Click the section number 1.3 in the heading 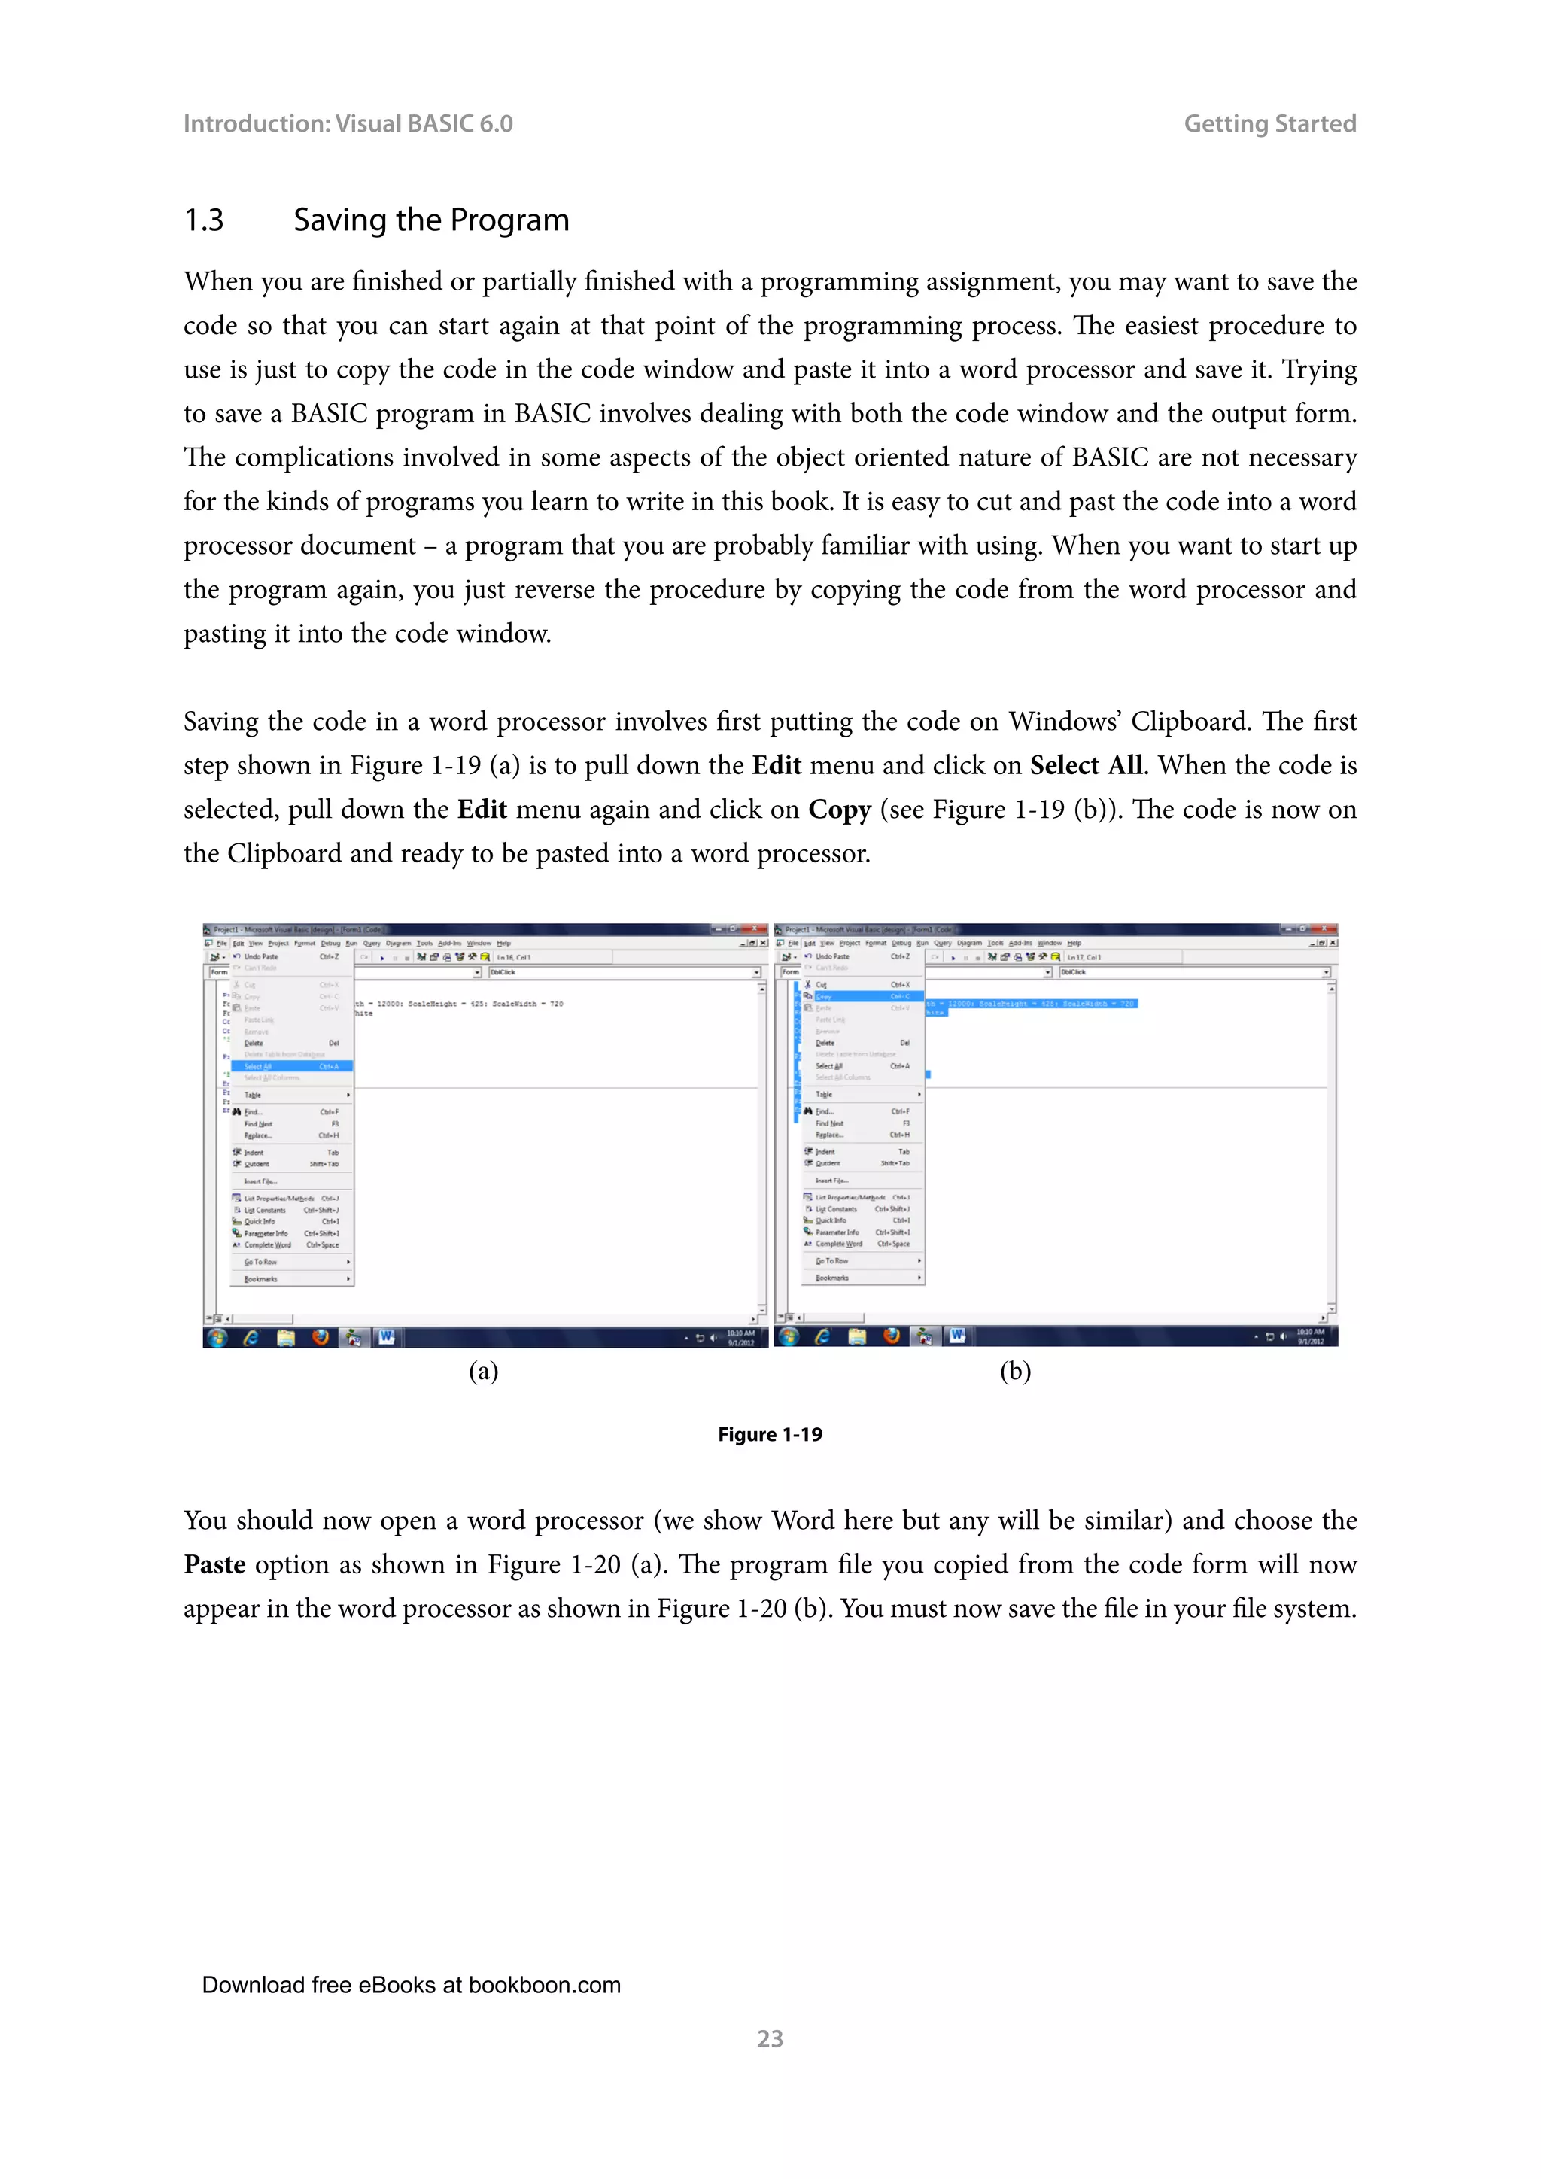click(204, 220)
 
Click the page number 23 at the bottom click(770, 2038)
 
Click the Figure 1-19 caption click(770, 1434)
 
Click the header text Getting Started click(1269, 123)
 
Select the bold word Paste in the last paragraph click(214, 1564)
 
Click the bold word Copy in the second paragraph click(839, 810)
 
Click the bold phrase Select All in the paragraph click(1086, 765)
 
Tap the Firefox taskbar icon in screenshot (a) click(320, 1337)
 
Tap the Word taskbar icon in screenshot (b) click(957, 1336)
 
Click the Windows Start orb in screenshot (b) click(788, 1336)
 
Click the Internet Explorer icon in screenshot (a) click(251, 1337)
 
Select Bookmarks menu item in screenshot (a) click(262, 1279)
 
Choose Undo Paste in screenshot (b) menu click(832, 956)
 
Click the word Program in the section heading click(509, 220)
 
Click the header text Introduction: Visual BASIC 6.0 click(348, 123)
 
